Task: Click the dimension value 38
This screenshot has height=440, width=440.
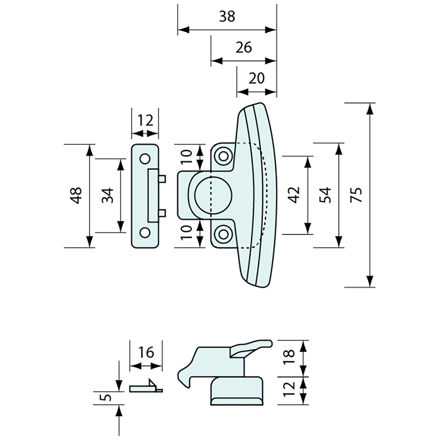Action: [227, 17]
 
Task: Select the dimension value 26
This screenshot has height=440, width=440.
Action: [243, 47]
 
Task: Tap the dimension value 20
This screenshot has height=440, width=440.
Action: [256, 78]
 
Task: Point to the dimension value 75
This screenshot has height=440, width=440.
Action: [357, 195]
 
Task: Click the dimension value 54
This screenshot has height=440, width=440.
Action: [326, 195]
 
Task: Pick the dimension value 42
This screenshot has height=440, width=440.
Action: [295, 195]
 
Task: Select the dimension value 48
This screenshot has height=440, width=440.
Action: [76, 195]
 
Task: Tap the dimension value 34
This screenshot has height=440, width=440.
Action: [108, 195]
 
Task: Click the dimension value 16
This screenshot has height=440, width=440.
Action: [146, 352]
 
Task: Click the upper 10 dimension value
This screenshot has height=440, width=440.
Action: [187, 156]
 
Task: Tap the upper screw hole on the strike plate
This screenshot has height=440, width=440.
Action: [144, 158]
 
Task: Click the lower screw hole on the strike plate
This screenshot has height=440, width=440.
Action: [144, 232]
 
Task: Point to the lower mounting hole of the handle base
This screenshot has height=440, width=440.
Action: [223, 234]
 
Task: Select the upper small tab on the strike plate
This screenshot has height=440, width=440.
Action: [162, 178]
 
